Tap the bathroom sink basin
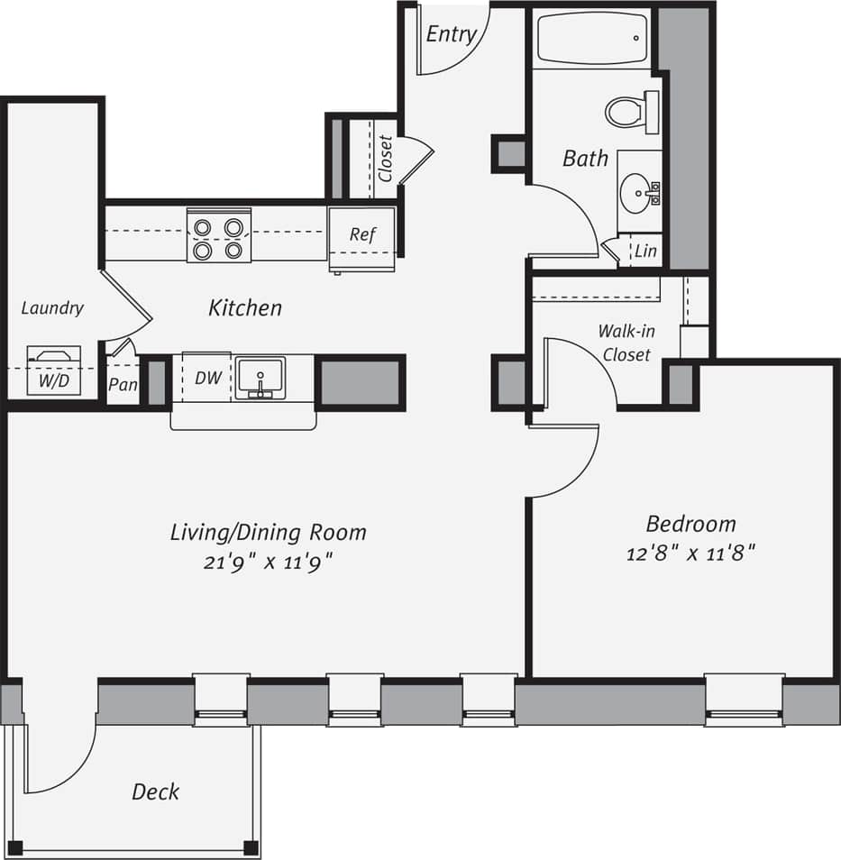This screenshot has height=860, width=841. pyautogui.click(x=639, y=192)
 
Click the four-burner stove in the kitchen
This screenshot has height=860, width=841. pyautogui.click(x=218, y=235)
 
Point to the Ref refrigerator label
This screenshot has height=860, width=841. pyautogui.click(x=362, y=234)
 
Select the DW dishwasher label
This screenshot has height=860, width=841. pyautogui.click(x=208, y=378)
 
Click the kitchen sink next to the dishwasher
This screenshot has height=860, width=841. pyautogui.click(x=261, y=378)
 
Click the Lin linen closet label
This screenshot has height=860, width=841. pyautogui.click(x=645, y=252)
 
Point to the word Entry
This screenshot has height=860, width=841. pyautogui.click(x=451, y=34)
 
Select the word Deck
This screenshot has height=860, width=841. pyautogui.click(x=155, y=791)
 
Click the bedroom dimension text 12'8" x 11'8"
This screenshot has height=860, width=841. pyautogui.click(x=690, y=553)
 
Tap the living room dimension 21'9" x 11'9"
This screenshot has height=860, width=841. pyautogui.click(x=269, y=561)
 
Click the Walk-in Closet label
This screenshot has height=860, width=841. pyautogui.click(x=626, y=343)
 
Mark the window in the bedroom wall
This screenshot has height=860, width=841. pyautogui.click(x=744, y=700)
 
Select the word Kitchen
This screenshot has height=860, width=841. pyautogui.click(x=245, y=307)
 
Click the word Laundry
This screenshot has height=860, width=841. pyautogui.click(x=52, y=307)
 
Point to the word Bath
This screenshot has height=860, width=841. pyautogui.click(x=585, y=159)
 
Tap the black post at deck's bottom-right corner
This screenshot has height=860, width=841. pyautogui.click(x=251, y=847)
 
